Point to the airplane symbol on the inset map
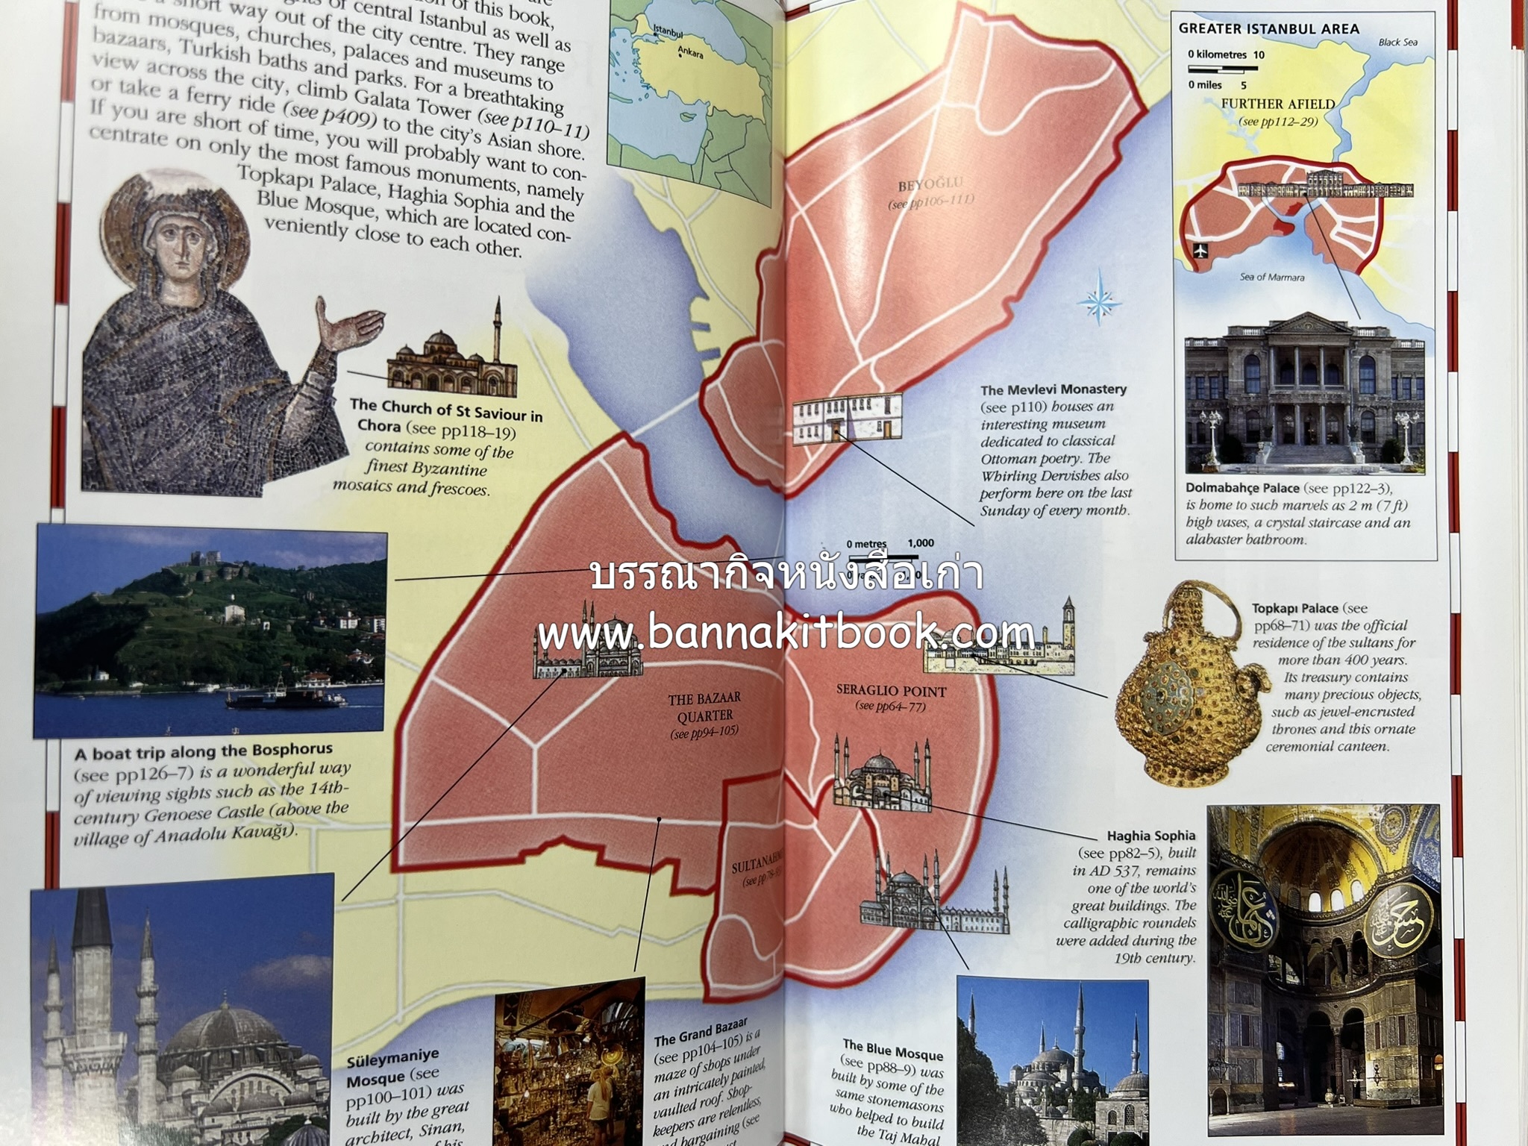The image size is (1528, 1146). pos(1200,250)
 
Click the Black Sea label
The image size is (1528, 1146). pos(1397,43)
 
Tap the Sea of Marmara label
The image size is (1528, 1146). pos(1272,277)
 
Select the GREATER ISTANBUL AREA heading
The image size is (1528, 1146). pos(1268,29)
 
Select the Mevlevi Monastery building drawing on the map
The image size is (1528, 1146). pos(846,421)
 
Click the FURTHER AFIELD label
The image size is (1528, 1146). pos(1277,104)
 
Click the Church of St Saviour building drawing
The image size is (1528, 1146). pos(452,362)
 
